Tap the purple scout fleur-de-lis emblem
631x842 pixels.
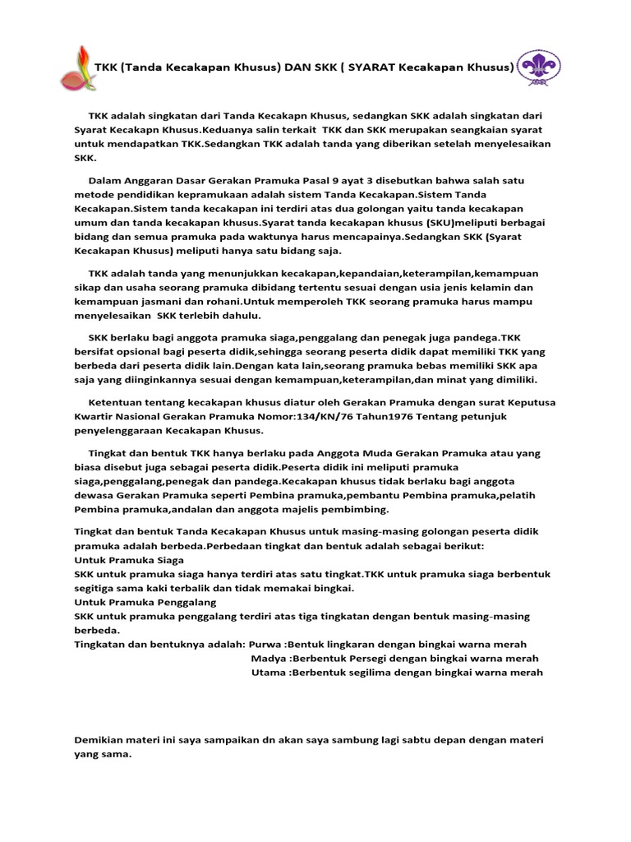tap(540, 67)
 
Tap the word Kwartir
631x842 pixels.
tap(95, 417)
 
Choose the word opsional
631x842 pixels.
tap(127, 351)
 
